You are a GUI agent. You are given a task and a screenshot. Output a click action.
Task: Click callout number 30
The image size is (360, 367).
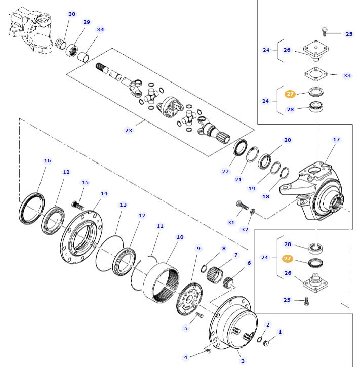tap(72, 14)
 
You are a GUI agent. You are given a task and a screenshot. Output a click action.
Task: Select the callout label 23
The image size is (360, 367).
tap(129, 131)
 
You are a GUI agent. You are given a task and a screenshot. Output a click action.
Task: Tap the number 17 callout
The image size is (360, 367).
tap(336, 140)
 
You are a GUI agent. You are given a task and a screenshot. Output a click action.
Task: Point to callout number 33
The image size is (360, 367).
tap(347, 76)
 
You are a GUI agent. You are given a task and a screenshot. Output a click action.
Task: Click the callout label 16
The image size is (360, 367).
tap(48, 161)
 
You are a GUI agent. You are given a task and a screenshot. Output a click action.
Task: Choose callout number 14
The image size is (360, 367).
tap(104, 193)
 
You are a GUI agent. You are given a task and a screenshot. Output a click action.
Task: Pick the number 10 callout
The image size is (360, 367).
tap(180, 237)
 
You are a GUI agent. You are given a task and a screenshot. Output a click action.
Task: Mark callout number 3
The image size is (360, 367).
tap(243, 361)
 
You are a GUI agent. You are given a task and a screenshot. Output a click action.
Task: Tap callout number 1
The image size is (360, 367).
tap(280, 332)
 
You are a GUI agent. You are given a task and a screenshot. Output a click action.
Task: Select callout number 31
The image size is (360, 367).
tap(231, 222)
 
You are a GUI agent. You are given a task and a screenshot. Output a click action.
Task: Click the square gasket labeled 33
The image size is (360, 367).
tap(316, 75)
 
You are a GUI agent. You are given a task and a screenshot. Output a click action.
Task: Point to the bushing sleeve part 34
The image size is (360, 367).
tap(84, 53)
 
